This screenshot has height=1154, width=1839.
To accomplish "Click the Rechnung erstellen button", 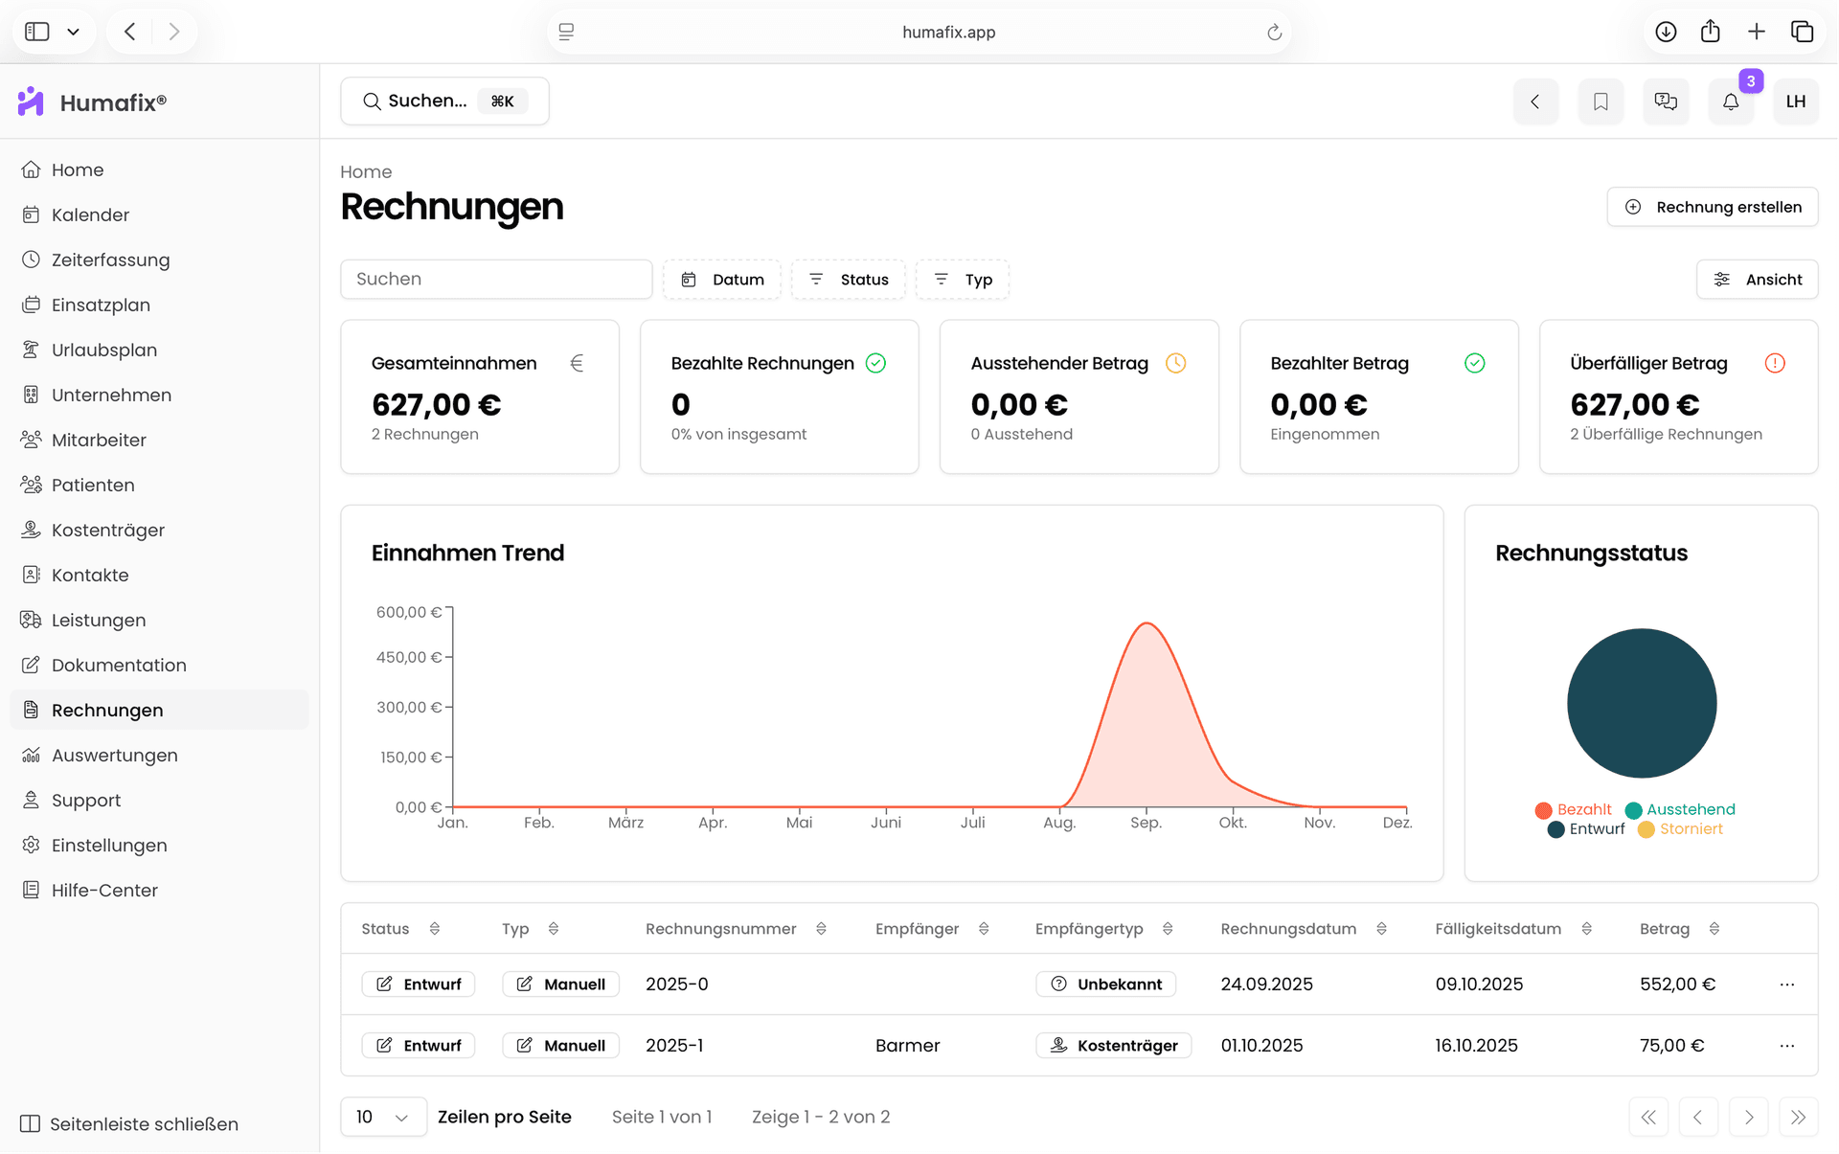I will tap(1712, 207).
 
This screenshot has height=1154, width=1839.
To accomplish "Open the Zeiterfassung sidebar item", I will tap(110, 260).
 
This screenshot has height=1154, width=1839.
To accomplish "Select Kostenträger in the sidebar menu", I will tap(107, 530).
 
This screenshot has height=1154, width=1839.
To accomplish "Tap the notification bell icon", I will tap(1731, 102).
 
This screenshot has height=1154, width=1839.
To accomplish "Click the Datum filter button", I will tap(722, 280).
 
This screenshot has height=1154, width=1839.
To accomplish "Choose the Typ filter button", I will tap(963, 280).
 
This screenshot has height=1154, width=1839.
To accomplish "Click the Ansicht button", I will tap(1757, 280).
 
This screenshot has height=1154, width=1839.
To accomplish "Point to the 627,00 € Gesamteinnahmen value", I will tap(437, 405).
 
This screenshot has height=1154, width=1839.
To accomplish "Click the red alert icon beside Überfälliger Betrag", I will tap(1775, 363).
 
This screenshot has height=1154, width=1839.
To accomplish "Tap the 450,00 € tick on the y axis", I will tap(409, 657).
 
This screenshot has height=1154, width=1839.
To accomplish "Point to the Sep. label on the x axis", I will tap(1146, 823).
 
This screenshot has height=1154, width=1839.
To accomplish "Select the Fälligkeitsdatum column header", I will tap(1498, 929).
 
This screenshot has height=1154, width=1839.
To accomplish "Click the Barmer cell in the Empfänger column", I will tap(907, 1046).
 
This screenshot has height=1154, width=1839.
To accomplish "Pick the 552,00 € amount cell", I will tap(1677, 984).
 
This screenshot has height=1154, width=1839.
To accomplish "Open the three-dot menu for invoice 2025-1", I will tap(1787, 1046).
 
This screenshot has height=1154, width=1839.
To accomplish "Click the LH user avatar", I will tap(1796, 102).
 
